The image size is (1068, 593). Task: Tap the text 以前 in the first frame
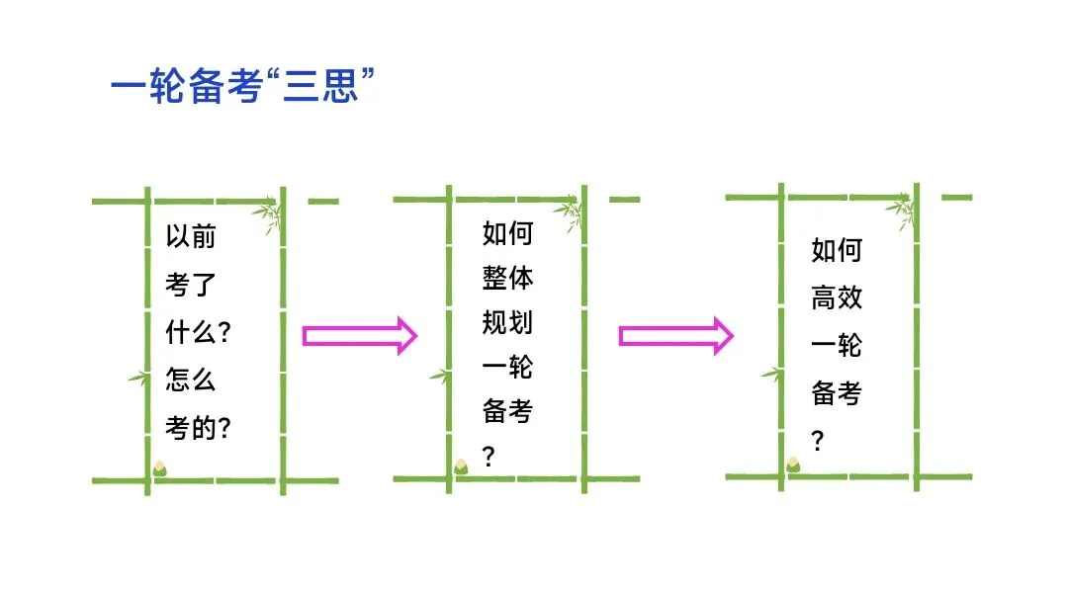[190, 238]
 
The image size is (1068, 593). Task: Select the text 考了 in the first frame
[190, 286]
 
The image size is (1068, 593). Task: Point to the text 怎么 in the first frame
[190, 381]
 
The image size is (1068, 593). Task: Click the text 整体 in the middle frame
[507, 279]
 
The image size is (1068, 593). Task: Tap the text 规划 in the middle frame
[507, 323]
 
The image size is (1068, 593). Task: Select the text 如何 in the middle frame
[507, 234]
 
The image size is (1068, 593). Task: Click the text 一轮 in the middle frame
[507, 368]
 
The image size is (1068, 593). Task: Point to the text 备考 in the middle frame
[507, 412]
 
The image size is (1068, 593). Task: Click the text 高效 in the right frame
[837, 298]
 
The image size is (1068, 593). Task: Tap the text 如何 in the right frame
[837, 251]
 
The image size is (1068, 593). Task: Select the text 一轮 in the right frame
[837, 346]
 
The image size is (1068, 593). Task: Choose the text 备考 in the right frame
[837, 393]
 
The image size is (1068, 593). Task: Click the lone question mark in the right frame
[818, 441]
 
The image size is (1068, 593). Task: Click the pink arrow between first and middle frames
[360, 336]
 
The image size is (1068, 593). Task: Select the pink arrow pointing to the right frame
[676, 336]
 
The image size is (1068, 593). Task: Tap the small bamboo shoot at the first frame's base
[159, 466]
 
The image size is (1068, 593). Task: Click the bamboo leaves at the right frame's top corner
[902, 212]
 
